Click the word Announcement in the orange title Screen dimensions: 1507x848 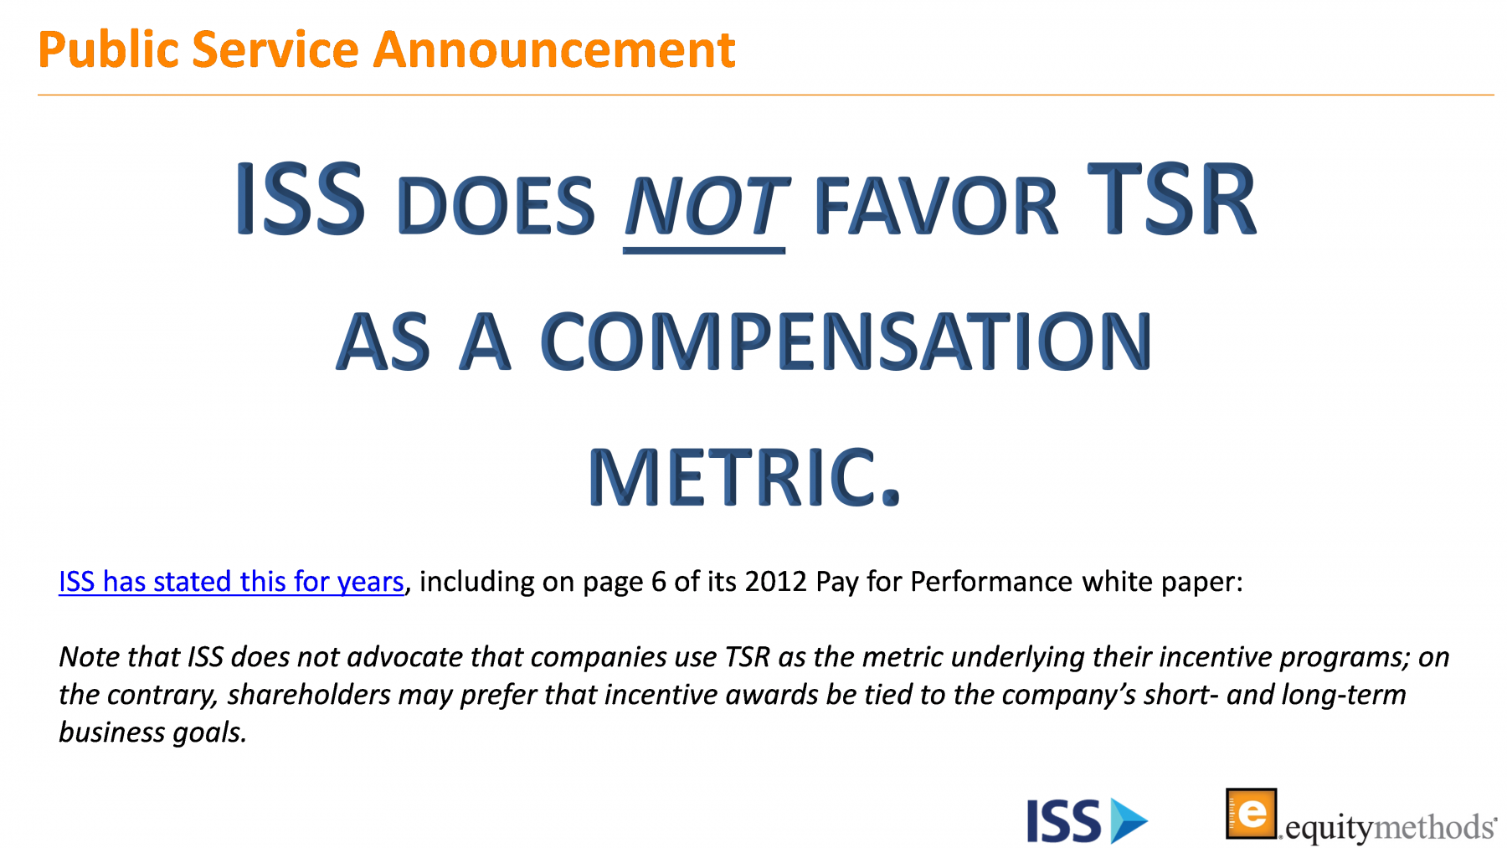pyautogui.click(x=554, y=49)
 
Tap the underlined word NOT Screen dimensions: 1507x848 pyautogui.click(x=705, y=206)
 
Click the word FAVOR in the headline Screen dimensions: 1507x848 pyautogui.click(x=935, y=206)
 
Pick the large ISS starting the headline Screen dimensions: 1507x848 pyautogui.click(x=300, y=198)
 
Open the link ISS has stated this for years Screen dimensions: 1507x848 pyautogui.click(x=231, y=581)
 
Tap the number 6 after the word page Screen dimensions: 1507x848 pyautogui.click(x=658, y=581)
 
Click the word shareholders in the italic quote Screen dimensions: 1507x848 pyautogui.click(x=309, y=695)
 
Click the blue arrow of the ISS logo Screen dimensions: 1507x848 pyautogui.click(x=1129, y=820)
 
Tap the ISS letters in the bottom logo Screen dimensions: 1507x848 pyautogui.click(x=1063, y=821)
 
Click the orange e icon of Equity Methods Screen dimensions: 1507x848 pyautogui.click(x=1252, y=813)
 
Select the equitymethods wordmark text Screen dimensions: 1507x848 pyautogui.click(x=1390, y=828)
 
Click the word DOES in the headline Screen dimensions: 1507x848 pyautogui.click(x=496, y=206)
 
